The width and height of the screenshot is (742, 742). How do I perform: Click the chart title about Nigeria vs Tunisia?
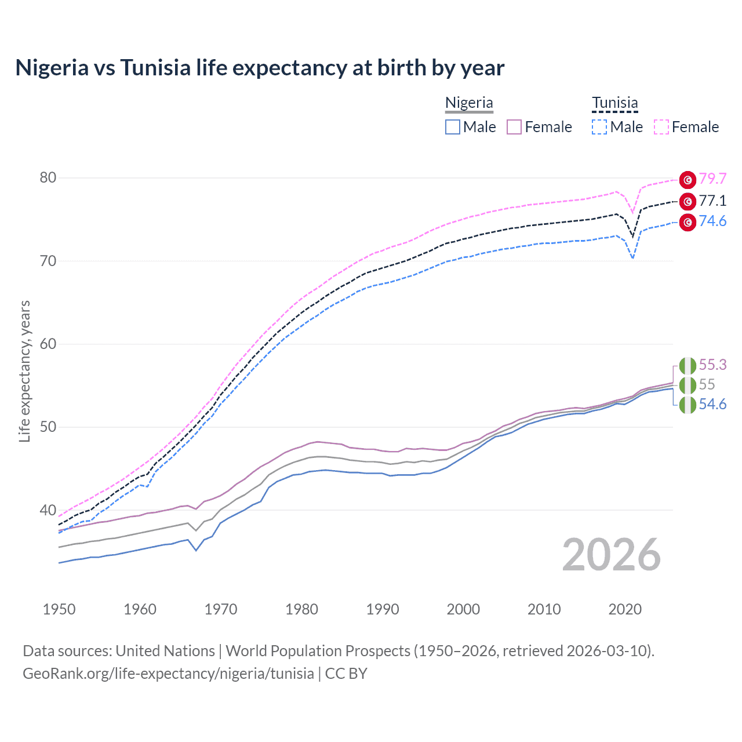tap(260, 68)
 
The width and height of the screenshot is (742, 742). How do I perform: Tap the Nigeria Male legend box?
tap(453, 127)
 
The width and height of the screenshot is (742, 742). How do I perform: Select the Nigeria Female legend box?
tap(514, 127)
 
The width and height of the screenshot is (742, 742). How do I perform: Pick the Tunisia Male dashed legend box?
tap(599, 127)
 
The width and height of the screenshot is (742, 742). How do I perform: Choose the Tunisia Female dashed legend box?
tap(661, 127)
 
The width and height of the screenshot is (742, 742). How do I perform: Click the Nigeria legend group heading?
tap(469, 103)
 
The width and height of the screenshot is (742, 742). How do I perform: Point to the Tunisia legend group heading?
tap(614, 103)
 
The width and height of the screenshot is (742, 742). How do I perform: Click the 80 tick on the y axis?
tap(48, 178)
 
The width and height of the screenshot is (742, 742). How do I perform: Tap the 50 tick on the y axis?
tap(48, 427)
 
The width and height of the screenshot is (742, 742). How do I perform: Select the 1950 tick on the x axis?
tap(59, 609)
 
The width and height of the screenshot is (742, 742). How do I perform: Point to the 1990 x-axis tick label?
tap(383, 609)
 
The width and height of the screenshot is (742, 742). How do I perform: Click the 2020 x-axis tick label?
tap(625, 609)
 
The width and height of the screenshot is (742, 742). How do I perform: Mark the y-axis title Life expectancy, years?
tap(24, 371)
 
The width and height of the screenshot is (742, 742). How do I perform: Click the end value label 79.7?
tap(712, 179)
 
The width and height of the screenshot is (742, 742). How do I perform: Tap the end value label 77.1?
tap(712, 201)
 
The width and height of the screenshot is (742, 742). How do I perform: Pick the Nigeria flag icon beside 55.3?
tap(688, 366)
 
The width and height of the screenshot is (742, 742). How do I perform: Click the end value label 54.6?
tap(712, 404)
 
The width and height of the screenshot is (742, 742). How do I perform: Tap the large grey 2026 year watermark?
tap(611, 555)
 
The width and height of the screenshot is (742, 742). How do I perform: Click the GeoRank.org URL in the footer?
tap(168, 674)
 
